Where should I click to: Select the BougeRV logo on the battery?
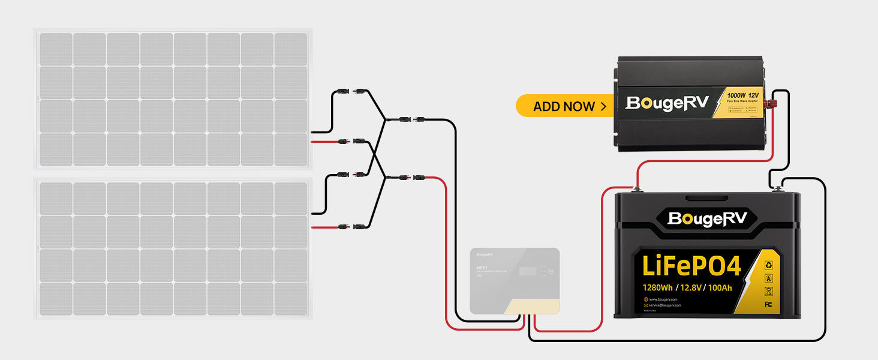point(707,218)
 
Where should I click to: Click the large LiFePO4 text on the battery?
point(691,266)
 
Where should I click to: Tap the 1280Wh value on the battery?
point(657,287)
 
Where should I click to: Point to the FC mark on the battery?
point(768,304)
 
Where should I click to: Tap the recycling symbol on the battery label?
point(768,263)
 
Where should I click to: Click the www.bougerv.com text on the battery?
point(663,299)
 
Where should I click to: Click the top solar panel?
point(173,98)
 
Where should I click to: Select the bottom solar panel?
point(173,248)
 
